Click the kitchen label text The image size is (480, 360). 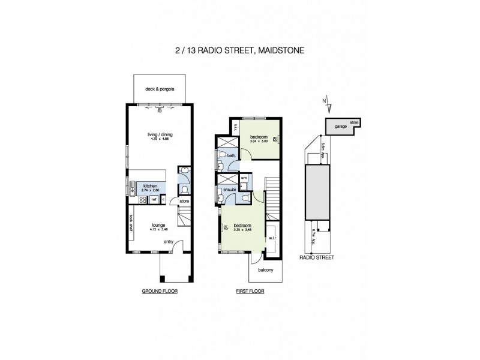(149, 186)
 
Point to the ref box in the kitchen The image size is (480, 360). (154, 199)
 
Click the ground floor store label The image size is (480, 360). (184, 200)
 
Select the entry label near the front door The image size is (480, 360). (169, 242)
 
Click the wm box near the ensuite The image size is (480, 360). (244, 178)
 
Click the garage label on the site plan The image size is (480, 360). (341, 127)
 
